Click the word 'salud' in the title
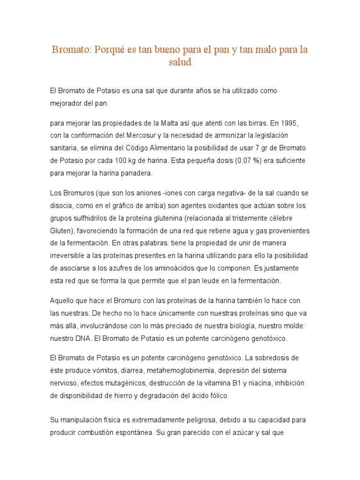tap(180, 62)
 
